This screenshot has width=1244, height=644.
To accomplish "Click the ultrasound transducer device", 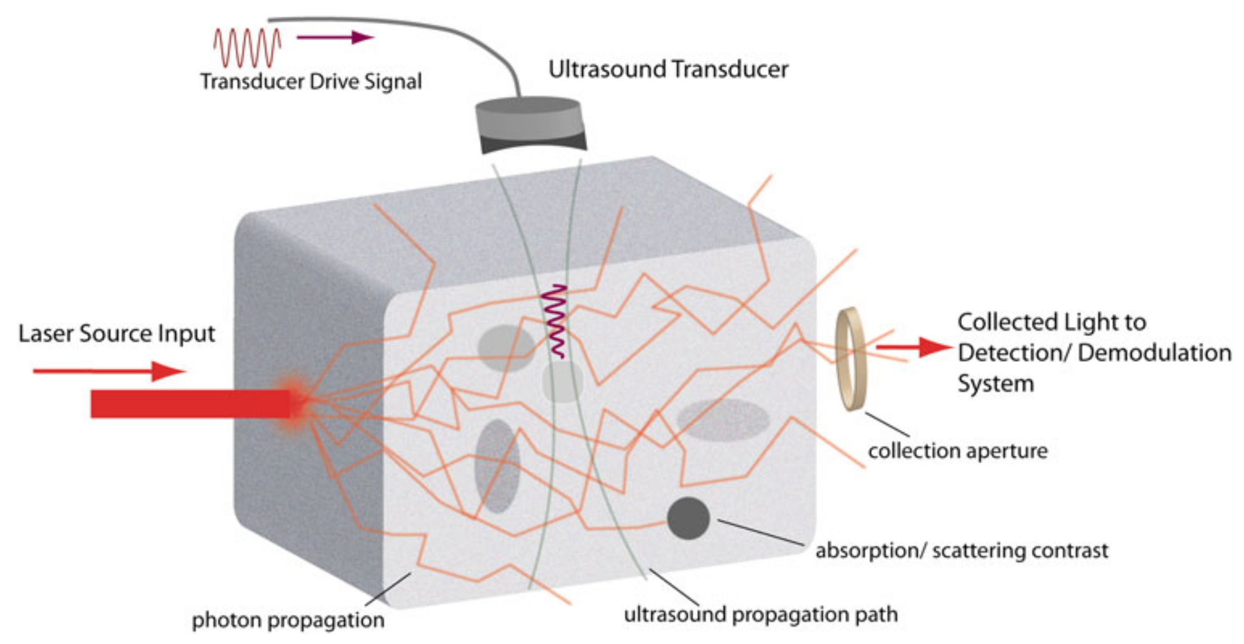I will pyautogui.click(x=530, y=124).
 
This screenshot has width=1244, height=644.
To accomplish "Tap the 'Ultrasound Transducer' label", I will pyautogui.click(x=668, y=69).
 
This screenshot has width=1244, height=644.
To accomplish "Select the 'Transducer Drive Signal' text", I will pyautogui.click(x=311, y=81).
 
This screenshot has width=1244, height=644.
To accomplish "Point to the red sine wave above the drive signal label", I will pyautogui.click(x=246, y=48).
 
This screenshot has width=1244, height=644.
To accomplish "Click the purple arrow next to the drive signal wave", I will pyautogui.click(x=335, y=37).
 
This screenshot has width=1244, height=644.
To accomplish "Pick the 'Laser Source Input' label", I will pyautogui.click(x=116, y=333).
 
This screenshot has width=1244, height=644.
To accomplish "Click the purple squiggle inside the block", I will pyautogui.click(x=556, y=321).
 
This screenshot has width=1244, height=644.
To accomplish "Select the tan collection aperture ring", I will pyautogui.click(x=850, y=359).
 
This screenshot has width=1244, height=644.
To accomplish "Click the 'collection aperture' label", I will pyautogui.click(x=957, y=451).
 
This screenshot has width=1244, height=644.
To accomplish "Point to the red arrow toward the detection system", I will pyautogui.click(x=914, y=347).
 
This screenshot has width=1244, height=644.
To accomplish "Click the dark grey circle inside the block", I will pyautogui.click(x=688, y=518).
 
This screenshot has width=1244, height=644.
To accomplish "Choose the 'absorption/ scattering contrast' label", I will pyautogui.click(x=961, y=550).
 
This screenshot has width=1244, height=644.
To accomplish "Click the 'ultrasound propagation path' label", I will pyautogui.click(x=760, y=614).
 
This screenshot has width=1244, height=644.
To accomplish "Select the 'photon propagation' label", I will pyautogui.click(x=288, y=620).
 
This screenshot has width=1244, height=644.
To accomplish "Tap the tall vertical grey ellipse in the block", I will pyautogui.click(x=497, y=466).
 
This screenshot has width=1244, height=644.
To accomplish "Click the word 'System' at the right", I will pyautogui.click(x=995, y=384).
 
